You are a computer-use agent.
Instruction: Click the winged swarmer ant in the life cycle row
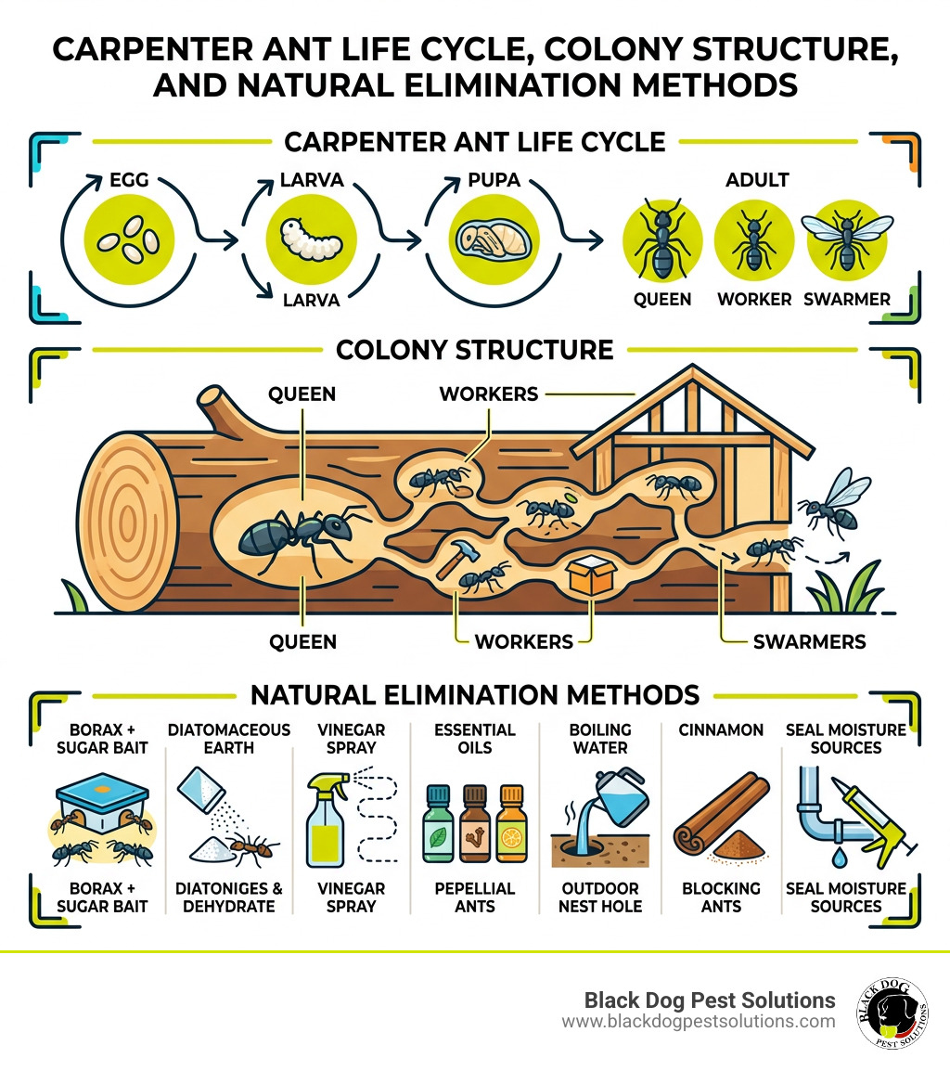[x=847, y=238]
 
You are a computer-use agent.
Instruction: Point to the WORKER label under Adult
[x=754, y=300]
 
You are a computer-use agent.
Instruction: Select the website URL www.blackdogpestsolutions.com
[x=698, y=1022]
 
